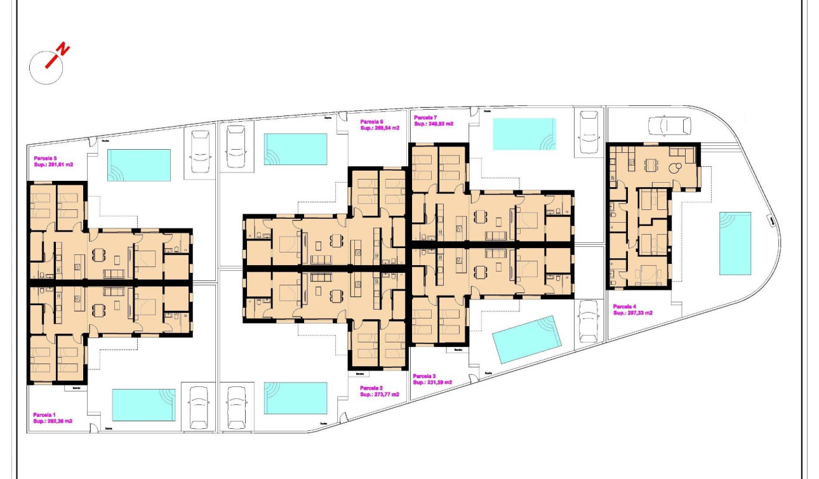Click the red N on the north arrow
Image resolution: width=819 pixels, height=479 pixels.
tap(63, 49)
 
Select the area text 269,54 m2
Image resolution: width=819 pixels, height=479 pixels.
tap(387, 128)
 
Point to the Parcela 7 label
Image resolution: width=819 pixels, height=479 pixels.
tap(425, 117)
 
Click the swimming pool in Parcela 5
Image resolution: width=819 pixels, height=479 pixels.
tap(139, 165)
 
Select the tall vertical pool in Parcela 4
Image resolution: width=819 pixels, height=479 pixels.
tap(735, 243)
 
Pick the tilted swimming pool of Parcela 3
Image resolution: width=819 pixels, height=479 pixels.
tap(527, 339)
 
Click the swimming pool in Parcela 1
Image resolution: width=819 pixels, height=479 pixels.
tap(143, 405)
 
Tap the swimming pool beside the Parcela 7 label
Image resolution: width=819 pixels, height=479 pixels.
tap(524, 134)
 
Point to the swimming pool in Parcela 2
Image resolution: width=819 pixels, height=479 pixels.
tap(295, 398)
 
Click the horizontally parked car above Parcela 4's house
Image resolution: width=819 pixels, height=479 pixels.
tap(669, 125)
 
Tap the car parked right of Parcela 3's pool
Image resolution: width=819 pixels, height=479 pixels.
tap(589, 321)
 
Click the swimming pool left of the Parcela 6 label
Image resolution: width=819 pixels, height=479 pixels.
tap(295, 149)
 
